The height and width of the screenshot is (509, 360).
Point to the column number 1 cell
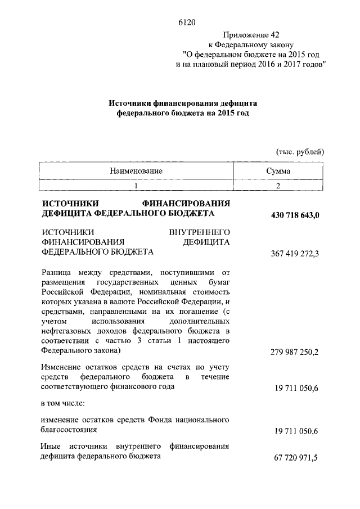pos(136,185)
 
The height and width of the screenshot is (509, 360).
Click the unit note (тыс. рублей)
pos(300,151)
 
